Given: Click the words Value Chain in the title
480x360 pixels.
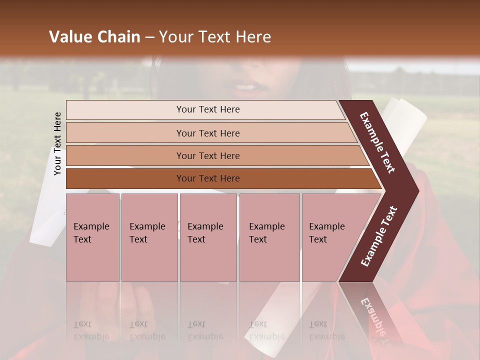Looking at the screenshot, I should (x=94, y=37).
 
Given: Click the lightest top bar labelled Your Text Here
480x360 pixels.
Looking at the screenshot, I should (x=207, y=110).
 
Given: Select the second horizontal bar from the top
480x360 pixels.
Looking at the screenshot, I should (x=207, y=133).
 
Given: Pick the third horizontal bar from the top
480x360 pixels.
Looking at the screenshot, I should (x=207, y=156).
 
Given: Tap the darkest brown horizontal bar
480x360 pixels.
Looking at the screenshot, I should (x=207, y=178).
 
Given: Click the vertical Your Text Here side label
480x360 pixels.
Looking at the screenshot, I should (x=57, y=143).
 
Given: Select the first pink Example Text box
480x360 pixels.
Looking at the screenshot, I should (x=92, y=237).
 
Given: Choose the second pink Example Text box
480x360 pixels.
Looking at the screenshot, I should (x=149, y=237).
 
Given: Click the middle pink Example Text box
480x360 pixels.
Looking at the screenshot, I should (x=208, y=237).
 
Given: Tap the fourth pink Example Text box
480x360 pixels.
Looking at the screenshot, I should (x=269, y=237).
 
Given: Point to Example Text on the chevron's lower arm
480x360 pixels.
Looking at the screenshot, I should (x=379, y=236).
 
